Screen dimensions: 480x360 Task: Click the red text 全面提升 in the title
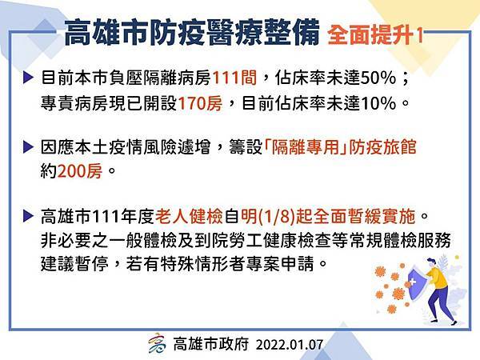370,35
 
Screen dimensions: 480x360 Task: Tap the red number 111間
234,78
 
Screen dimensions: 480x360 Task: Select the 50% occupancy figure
378,78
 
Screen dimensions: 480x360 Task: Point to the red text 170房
200,103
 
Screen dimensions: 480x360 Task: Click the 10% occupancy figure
378,103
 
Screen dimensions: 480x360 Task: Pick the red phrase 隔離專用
305,147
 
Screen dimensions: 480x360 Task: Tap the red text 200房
79,171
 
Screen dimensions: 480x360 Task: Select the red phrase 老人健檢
189,217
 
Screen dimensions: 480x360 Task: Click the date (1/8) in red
276,217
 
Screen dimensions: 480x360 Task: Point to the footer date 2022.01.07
290,345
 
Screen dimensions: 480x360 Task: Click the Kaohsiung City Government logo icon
157,343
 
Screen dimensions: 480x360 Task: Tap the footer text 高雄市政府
211,344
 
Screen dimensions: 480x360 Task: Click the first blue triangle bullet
28,78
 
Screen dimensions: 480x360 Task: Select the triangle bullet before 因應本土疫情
28,147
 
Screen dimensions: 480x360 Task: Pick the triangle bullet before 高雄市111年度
28,217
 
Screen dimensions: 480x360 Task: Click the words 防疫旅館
382,147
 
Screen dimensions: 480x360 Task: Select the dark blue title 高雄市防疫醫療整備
192,33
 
